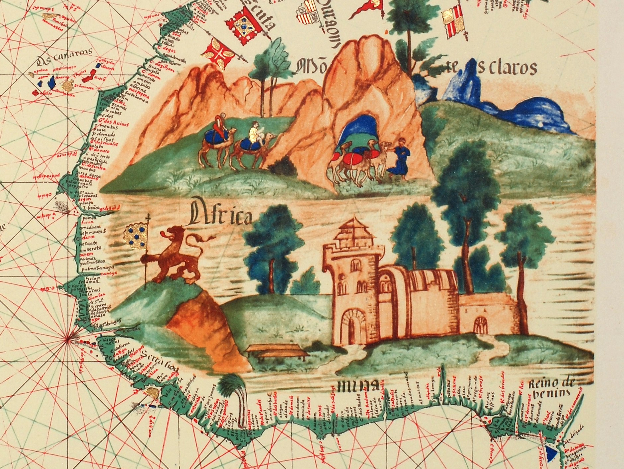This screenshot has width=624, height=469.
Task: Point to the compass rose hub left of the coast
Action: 67,338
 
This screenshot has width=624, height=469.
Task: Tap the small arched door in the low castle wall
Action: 480,323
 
